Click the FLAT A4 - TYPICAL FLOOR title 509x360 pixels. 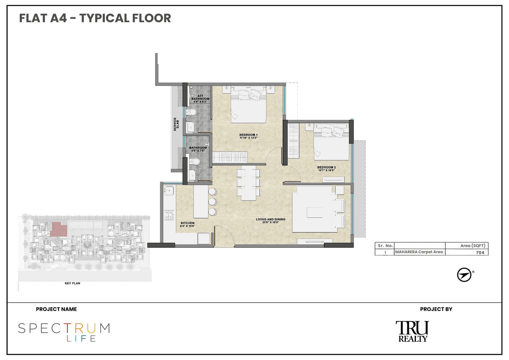(x=95, y=18)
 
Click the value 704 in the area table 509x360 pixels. (x=480, y=252)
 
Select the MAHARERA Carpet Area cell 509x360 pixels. (x=419, y=252)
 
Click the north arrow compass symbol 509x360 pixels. (x=464, y=275)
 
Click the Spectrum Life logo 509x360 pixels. (x=64, y=332)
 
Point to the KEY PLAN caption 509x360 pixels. (x=73, y=284)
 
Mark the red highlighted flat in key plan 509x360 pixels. (x=59, y=229)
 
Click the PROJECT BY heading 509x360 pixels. (x=436, y=309)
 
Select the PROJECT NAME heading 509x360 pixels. (x=56, y=309)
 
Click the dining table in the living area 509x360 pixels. (x=248, y=183)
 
